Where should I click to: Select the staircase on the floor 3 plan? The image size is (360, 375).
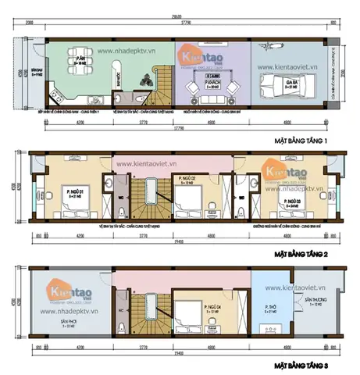tap(142, 311)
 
